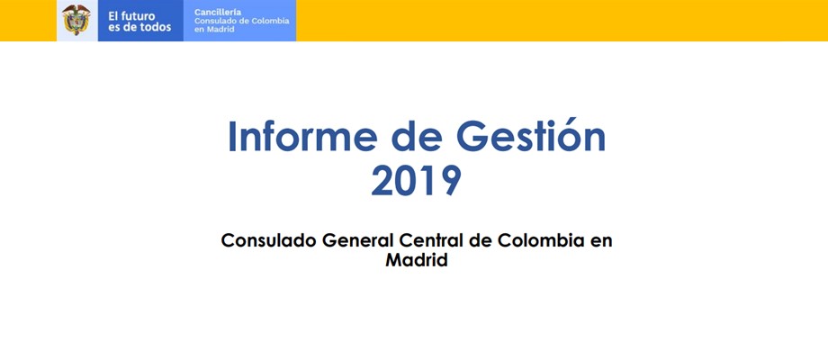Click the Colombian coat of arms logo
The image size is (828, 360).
pos(76,20)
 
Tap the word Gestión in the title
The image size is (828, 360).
pos(531,136)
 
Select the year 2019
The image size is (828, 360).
pos(416,181)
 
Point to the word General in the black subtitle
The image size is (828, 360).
pos(357,240)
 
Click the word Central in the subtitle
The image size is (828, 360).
pos(431,240)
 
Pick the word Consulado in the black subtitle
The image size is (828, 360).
pos(269,240)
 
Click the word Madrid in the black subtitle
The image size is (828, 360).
pos(417,260)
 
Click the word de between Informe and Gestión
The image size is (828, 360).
pos(417,136)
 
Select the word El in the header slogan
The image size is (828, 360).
pos(113,16)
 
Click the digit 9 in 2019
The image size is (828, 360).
pos(450,181)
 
